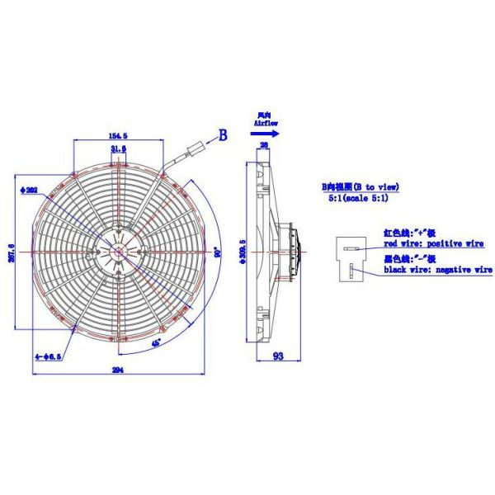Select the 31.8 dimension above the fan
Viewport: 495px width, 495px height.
pos(118,148)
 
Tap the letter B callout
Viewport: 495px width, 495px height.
pos(222,135)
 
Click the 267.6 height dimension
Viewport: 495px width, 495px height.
pos(12,249)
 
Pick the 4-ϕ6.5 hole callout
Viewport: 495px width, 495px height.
pos(45,356)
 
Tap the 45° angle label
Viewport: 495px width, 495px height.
pos(157,338)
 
